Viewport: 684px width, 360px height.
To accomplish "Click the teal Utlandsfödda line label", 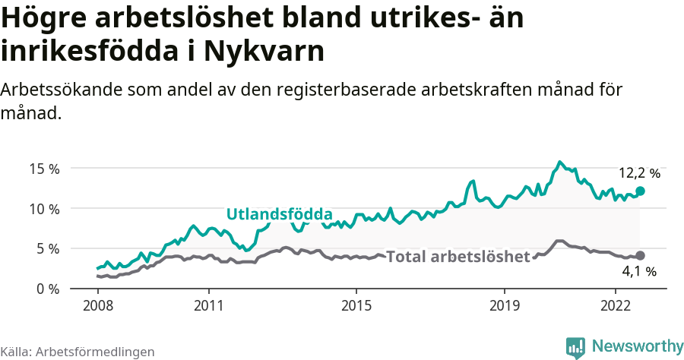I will tap(279, 213).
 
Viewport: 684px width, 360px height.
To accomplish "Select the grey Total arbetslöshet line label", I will tap(458, 257).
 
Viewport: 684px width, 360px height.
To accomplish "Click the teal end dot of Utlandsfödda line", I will tap(640, 191).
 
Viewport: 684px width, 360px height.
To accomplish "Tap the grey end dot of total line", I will tap(640, 256).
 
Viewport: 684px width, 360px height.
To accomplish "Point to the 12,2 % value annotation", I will tap(639, 173).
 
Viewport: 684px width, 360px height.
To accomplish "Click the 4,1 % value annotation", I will tap(639, 271).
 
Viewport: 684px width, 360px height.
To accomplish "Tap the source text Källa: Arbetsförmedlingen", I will tap(78, 352).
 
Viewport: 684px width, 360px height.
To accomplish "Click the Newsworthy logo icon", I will tap(575, 347).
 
